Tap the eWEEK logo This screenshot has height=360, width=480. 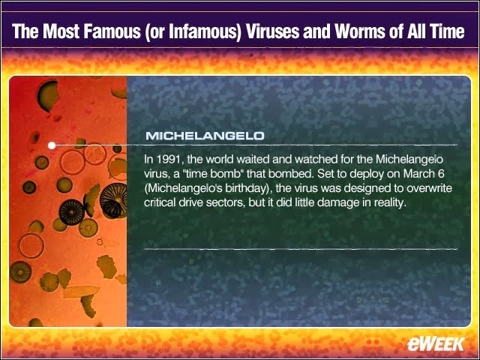point(436,344)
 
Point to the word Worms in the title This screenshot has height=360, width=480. point(353,31)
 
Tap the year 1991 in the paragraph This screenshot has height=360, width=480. point(169,160)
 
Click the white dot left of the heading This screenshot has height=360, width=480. point(52,145)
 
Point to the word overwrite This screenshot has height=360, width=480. point(426,188)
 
